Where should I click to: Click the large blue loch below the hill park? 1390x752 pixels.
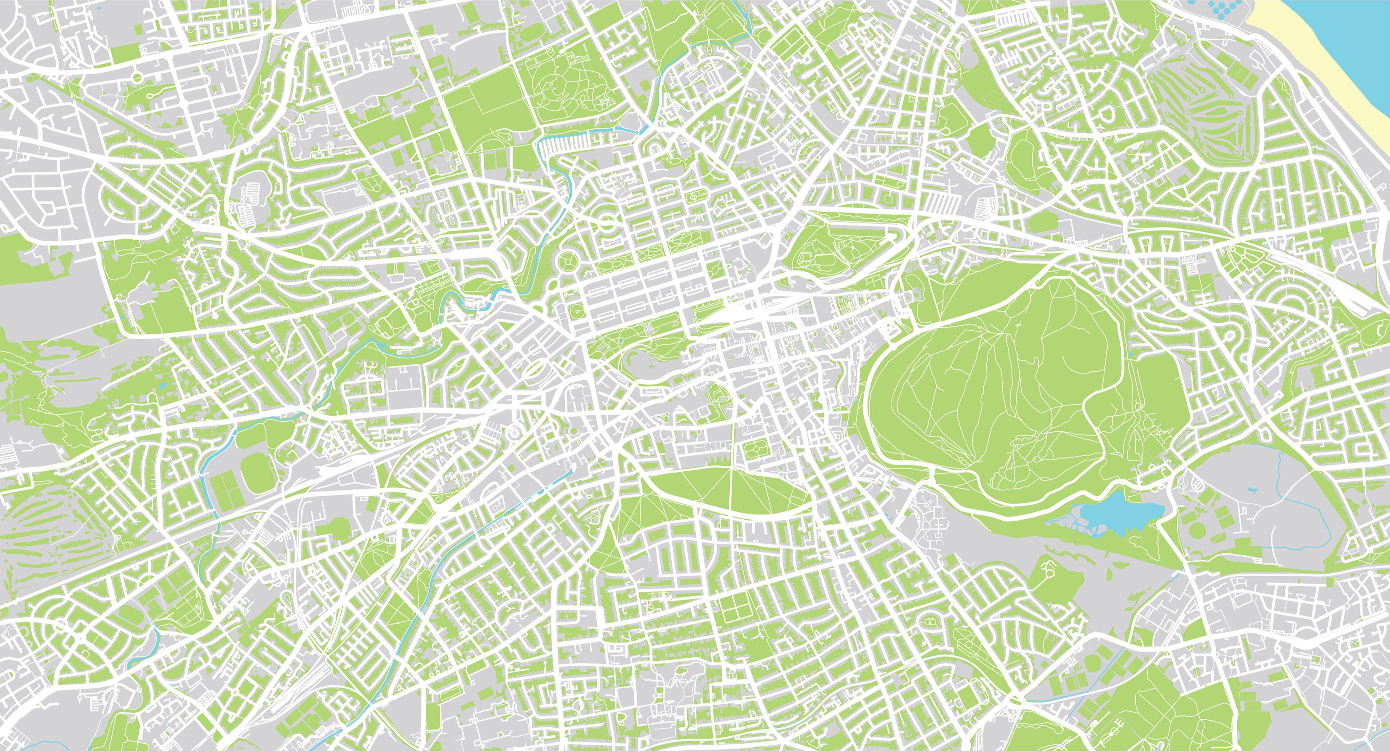point(1112,515)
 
